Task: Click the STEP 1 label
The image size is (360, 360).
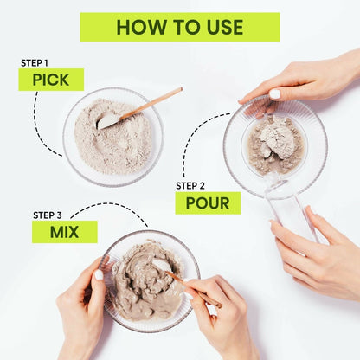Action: pos(35,63)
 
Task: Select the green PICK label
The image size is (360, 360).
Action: pos(51,80)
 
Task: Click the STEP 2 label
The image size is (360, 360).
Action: pos(190,186)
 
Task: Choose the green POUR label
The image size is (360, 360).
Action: pos(208,203)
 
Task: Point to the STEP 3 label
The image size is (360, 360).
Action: pos(48,215)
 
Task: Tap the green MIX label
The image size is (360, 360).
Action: pos(65,232)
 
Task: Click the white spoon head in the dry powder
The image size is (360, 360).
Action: pos(107,122)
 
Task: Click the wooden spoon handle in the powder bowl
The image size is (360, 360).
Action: pos(151,103)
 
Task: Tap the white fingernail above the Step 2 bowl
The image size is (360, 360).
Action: pos(275,93)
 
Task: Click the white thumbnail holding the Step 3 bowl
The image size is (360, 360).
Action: pos(99,274)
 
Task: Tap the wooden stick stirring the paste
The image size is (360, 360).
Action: pos(193,289)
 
